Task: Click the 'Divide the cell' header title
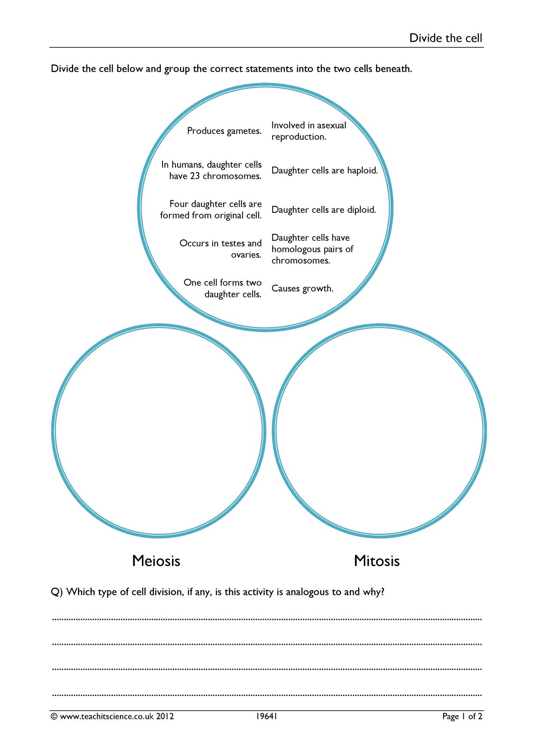coord(446,38)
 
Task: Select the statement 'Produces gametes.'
coord(224,131)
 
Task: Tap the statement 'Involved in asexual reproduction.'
coord(308,131)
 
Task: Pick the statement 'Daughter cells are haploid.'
coord(324,171)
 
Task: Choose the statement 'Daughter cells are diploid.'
coord(323,210)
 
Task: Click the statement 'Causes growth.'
coord(302,288)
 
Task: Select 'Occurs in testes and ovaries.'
coord(220,249)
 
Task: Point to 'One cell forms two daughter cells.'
coord(222,288)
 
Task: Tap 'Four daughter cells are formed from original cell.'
coord(211,210)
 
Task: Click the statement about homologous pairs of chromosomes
coord(312,249)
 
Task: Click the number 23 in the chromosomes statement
coord(195,176)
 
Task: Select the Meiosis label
coord(156,561)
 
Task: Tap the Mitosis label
coord(377,561)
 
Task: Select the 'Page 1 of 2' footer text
coord(462,717)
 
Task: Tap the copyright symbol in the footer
coord(54,717)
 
